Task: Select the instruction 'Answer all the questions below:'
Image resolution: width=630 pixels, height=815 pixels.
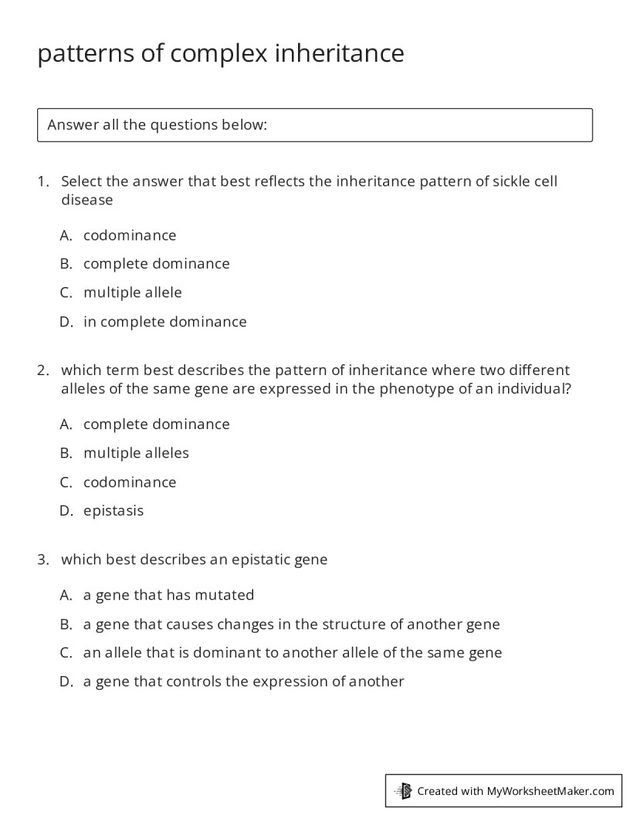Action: (157, 125)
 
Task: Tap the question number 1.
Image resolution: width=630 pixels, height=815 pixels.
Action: (42, 181)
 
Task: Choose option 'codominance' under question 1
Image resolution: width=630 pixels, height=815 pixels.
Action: (130, 235)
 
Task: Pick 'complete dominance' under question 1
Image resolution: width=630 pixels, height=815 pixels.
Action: (156, 264)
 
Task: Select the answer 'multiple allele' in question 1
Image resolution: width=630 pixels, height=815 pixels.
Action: (132, 293)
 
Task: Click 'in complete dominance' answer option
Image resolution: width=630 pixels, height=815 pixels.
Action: (164, 322)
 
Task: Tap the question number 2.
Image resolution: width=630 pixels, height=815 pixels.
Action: (42, 370)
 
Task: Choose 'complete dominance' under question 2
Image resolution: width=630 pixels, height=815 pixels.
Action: (156, 424)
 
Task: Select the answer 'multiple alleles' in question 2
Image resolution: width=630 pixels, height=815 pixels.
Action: (136, 453)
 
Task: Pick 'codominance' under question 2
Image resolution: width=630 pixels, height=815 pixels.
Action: (130, 482)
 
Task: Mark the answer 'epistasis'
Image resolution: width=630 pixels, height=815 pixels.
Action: (113, 511)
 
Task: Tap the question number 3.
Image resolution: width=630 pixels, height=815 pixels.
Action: (42, 560)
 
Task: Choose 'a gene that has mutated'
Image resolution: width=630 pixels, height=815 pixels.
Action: (168, 595)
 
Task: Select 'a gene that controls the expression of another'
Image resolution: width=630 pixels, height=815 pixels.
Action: (243, 681)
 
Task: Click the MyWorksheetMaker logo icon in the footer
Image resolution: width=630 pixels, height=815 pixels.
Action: (404, 790)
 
